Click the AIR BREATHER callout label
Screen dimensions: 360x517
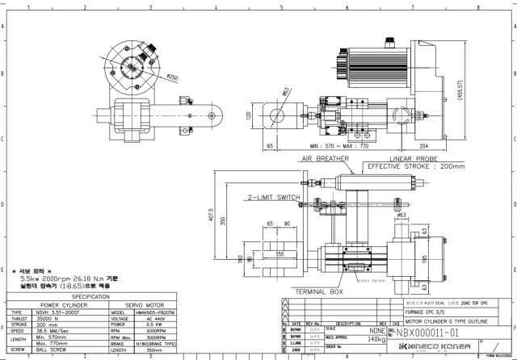coord(325,160)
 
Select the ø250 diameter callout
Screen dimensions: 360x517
coord(172,77)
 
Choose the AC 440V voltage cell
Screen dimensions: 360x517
coord(144,318)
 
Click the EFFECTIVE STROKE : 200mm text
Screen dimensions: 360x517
coord(416,166)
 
